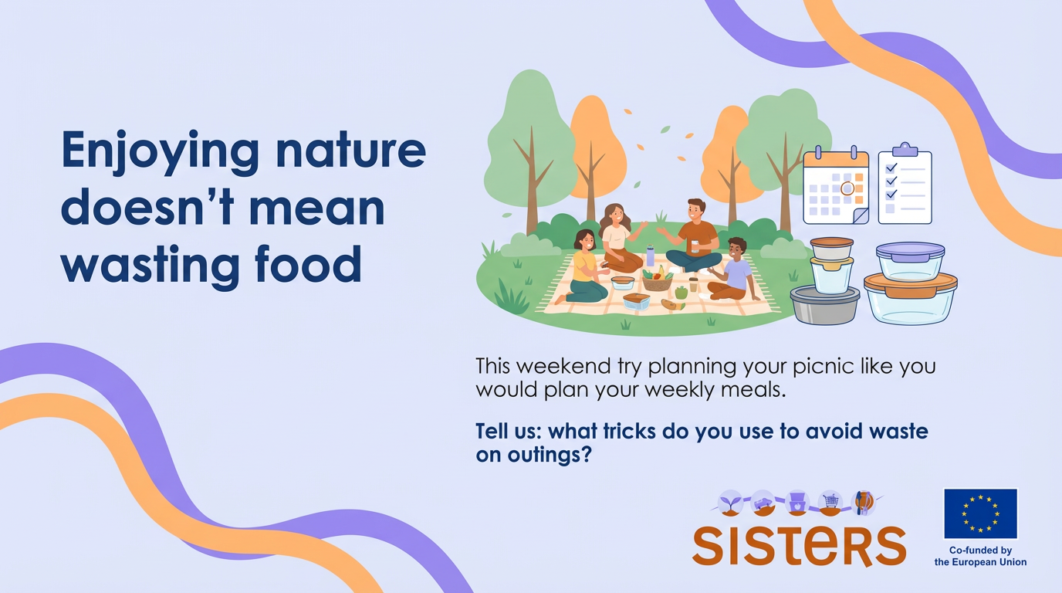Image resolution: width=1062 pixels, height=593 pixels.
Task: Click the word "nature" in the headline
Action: pyautogui.click(x=351, y=150)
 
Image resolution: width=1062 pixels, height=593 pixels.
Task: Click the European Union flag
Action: pyautogui.click(x=980, y=513)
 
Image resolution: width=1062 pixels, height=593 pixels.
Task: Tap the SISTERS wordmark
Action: pyautogui.click(x=800, y=545)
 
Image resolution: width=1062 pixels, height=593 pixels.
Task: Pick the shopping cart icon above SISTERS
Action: pyautogui.click(x=830, y=502)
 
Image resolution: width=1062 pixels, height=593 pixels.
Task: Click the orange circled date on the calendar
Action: pyautogui.click(x=847, y=188)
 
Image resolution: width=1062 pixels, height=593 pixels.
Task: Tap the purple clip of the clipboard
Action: pyautogui.click(x=905, y=150)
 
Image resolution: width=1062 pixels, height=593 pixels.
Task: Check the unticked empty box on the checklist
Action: pyautogui.click(x=890, y=208)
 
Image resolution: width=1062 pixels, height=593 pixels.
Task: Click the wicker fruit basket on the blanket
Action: pyautogui.click(x=657, y=280)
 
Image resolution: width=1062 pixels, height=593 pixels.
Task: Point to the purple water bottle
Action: pyautogui.click(x=651, y=256)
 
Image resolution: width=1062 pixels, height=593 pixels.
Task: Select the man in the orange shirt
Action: pyautogui.click(x=694, y=236)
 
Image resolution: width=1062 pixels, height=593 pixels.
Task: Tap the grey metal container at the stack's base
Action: pyautogui.click(x=824, y=305)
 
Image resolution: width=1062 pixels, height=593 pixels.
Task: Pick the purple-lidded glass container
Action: pyautogui.click(x=910, y=261)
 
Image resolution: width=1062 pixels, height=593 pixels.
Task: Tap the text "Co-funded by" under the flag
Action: pyautogui.click(x=980, y=551)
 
